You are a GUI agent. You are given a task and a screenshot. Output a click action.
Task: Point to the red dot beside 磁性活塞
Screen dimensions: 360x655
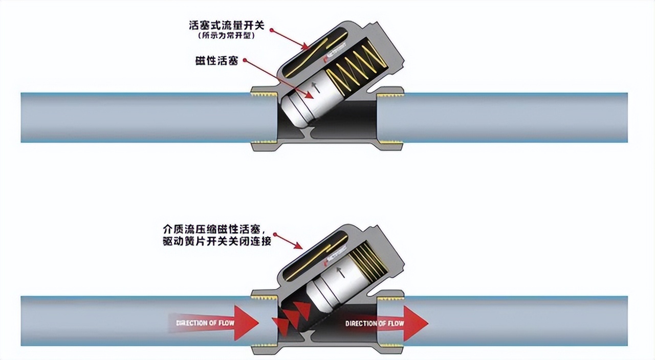pos(245,60)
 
